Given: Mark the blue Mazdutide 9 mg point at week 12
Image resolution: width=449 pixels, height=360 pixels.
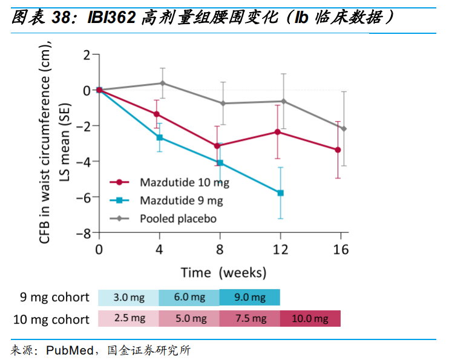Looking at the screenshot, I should [280, 193].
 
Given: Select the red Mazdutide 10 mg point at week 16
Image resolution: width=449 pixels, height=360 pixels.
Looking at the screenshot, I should [338, 149].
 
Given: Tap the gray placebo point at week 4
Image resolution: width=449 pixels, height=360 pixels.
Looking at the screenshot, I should [162, 83].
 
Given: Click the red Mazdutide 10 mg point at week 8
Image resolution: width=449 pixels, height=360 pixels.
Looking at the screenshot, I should [217, 146].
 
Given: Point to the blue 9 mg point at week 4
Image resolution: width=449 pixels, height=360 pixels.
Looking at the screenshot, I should [160, 137].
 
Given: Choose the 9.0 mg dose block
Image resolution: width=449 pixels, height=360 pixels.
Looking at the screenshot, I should [250, 298].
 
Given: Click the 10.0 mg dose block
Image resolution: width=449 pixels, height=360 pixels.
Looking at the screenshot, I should [310, 319].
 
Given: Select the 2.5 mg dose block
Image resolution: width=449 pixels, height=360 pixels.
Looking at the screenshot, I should [129, 319].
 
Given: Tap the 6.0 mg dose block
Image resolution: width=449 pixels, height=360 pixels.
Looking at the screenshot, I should [189, 298].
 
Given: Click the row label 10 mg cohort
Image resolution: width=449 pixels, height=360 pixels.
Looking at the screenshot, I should [51, 319].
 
